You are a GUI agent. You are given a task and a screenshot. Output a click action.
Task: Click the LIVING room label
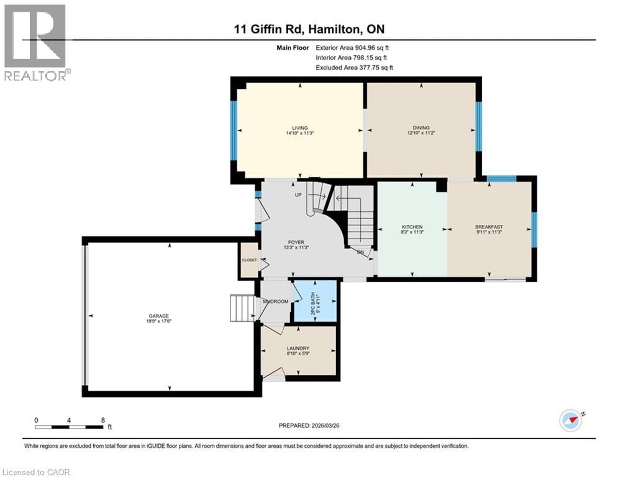click(x=301, y=128)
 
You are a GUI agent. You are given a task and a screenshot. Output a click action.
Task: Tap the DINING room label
click(x=421, y=128)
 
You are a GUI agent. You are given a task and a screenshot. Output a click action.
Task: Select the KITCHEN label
click(x=412, y=227)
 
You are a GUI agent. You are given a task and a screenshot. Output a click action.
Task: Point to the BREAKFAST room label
click(x=489, y=227)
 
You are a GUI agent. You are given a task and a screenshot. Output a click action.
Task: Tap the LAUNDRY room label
click(x=298, y=348)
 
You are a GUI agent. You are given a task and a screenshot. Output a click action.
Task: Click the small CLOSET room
click(x=249, y=260)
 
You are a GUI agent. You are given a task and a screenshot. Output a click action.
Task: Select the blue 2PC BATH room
click(x=315, y=301)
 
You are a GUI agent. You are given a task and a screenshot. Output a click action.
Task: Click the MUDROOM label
click(x=275, y=301)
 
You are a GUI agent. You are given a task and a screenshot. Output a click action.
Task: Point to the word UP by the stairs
click(x=299, y=195)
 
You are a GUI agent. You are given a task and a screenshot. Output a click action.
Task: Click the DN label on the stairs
click(x=360, y=252)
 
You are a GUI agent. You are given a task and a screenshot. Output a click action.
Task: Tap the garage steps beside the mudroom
click(x=242, y=308)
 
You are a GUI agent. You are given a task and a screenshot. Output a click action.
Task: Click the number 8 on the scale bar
click(x=102, y=420)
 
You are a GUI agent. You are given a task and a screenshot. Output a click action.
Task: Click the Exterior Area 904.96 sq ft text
click(x=352, y=47)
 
